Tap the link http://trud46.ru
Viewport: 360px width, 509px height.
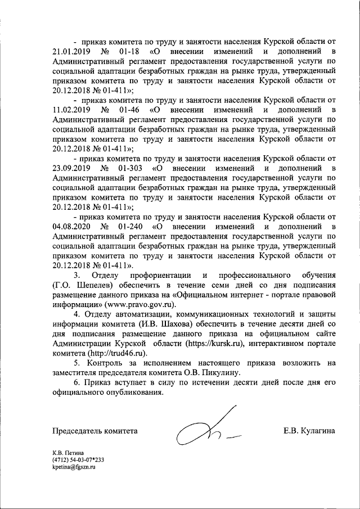pos(116,353)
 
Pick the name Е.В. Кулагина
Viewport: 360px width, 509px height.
pos(309,431)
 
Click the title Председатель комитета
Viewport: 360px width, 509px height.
pos(95,431)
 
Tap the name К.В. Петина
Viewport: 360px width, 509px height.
pos(67,468)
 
